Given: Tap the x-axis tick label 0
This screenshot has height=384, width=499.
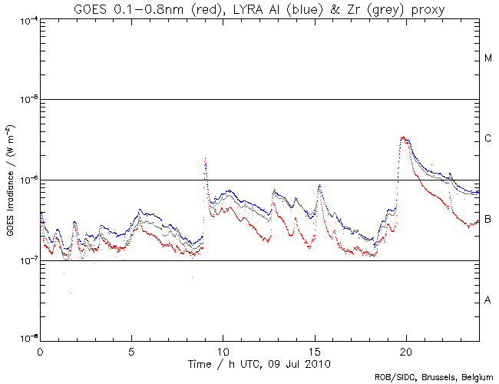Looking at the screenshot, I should pyautogui.click(x=40, y=349).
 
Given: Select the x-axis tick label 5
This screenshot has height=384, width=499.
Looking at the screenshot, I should pyautogui.click(x=131, y=349).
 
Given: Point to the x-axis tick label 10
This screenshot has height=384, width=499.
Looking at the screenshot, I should pyautogui.click(x=223, y=349).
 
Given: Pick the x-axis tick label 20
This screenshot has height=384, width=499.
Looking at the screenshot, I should pyautogui.click(x=405, y=349).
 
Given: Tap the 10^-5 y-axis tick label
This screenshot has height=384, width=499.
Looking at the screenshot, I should pyautogui.click(x=28, y=100).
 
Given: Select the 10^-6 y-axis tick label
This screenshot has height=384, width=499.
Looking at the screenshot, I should pyautogui.click(x=28, y=180).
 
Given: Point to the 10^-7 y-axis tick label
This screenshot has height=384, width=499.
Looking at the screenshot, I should pyautogui.click(x=28, y=261).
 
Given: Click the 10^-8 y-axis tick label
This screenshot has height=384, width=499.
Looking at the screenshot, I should pyautogui.click(x=28, y=339).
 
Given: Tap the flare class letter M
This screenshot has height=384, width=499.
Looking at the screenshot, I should pyautogui.click(x=488, y=58).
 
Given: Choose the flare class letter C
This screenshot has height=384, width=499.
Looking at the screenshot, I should pyautogui.click(x=488, y=139).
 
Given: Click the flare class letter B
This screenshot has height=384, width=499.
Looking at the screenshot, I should pyautogui.click(x=488, y=220).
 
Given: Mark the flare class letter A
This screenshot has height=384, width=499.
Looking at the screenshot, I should pyautogui.click(x=488, y=300).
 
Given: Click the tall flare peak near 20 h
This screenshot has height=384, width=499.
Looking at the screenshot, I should pyautogui.click(x=403, y=137).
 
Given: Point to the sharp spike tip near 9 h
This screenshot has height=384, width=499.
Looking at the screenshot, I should pyautogui.click(x=206, y=158).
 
